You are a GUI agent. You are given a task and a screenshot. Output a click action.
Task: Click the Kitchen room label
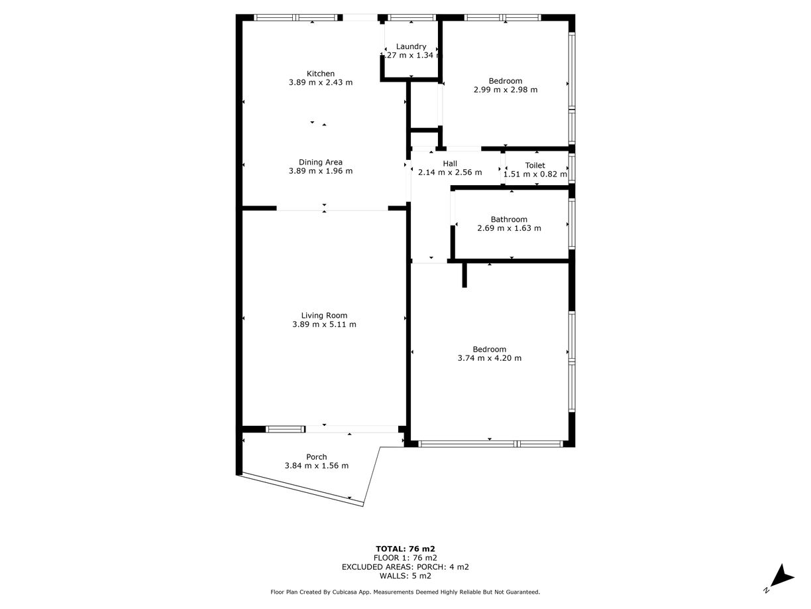click(320, 74)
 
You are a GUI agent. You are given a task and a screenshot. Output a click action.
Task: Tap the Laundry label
click(411, 46)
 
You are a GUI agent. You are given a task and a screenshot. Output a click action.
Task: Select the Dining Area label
click(320, 162)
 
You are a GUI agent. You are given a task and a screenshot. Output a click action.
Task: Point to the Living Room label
click(324, 315)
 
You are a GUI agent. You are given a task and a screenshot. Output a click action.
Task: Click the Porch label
click(316, 456)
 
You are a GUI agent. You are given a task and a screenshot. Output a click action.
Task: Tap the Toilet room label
click(535, 165)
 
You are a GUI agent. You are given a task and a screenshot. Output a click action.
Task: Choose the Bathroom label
click(509, 220)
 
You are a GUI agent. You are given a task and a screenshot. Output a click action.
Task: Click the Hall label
click(450, 163)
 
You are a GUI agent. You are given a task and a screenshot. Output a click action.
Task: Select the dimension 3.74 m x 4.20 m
click(489, 358)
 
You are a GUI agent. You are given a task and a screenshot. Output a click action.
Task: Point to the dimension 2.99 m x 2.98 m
click(505, 90)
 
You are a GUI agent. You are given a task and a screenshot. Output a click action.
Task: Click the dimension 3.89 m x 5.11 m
click(324, 324)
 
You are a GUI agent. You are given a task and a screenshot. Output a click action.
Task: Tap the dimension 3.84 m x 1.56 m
click(316, 466)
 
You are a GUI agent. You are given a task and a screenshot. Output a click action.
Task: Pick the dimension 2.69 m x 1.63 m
click(509, 228)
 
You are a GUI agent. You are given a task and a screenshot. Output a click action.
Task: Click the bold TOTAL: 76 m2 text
click(405, 549)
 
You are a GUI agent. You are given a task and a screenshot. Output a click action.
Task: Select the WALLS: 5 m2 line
click(405, 576)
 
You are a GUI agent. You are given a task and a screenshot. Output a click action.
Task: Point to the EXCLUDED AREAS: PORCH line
click(405, 567)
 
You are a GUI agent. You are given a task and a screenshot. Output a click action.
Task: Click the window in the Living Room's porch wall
click(285, 429)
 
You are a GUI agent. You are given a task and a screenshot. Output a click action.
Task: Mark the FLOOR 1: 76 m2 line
click(405, 558)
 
